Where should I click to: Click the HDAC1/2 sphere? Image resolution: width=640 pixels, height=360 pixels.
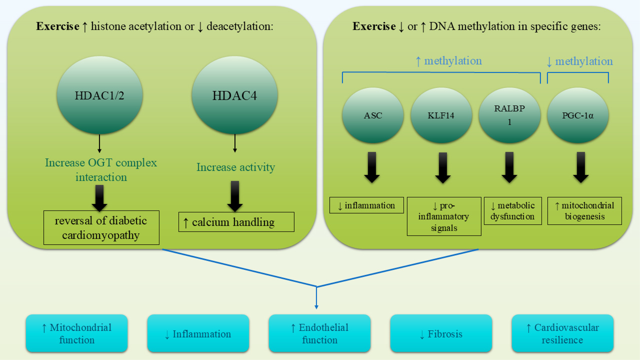point(99,95)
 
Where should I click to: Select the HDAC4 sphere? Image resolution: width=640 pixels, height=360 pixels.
point(235,95)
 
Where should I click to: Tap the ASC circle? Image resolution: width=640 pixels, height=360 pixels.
point(373,115)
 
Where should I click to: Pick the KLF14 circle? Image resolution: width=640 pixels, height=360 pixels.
point(441,115)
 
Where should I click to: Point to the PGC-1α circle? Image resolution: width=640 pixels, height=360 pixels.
point(578,115)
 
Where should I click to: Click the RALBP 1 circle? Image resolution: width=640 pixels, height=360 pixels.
point(509,115)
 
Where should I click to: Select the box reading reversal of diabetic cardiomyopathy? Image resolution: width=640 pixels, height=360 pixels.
point(101,228)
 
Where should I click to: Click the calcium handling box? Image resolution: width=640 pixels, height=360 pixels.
point(236,222)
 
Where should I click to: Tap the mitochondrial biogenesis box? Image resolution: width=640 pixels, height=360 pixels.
point(584,211)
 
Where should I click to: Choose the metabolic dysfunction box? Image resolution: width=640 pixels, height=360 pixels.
point(513,211)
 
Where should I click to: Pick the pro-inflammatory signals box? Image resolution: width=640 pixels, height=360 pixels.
point(444,216)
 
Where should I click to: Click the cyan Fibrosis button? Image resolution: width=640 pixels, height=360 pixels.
point(441,333)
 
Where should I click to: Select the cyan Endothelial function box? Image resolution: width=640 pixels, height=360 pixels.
point(320,333)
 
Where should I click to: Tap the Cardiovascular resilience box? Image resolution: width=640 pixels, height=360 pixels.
point(562,333)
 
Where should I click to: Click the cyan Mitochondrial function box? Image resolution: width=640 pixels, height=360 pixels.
point(77,333)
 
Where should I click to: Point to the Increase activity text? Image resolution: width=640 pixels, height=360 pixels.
point(236,167)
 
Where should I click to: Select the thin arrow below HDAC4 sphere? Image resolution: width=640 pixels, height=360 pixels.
point(235,143)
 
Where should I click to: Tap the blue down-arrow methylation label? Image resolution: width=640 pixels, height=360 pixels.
point(579,61)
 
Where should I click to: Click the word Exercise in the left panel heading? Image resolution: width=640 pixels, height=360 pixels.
point(58,26)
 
